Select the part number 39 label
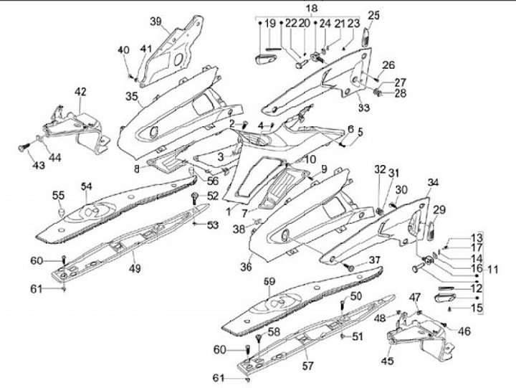[156, 21]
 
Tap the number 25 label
[374, 15]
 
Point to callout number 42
[80, 92]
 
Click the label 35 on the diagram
[131, 96]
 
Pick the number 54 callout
[87, 186]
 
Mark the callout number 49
[135, 269]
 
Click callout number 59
[270, 281]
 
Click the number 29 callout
[439, 209]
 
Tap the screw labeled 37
[350, 266]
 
